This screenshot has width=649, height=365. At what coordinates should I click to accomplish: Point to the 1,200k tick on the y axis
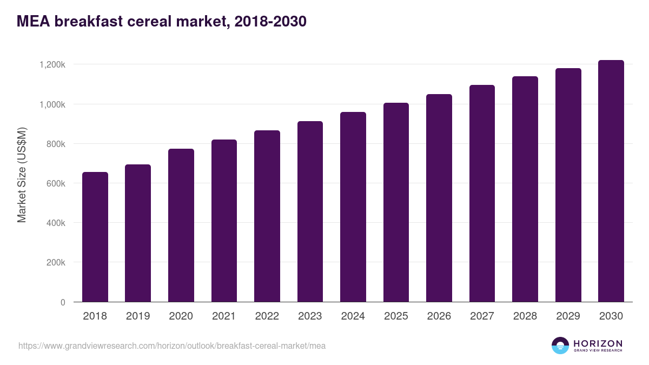(x=52, y=64)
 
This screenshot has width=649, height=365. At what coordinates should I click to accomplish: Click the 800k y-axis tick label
(x=55, y=144)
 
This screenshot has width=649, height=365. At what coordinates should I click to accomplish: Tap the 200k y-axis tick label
(x=55, y=263)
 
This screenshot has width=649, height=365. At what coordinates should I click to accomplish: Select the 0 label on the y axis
(x=63, y=302)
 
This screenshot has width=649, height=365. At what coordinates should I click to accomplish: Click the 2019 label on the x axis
(x=138, y=316)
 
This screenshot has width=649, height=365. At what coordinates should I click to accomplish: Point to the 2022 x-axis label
(x=267, y=316)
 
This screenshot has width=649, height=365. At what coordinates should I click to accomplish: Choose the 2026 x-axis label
(x=439, y=316)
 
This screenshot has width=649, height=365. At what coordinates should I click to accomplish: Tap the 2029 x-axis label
(x=568, y=316)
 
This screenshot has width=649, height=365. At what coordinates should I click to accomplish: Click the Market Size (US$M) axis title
(x=22, y=175)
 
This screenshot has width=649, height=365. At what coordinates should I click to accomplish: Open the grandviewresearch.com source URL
(x=172, y=346)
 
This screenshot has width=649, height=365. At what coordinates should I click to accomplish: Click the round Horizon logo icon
(x=560, y=346)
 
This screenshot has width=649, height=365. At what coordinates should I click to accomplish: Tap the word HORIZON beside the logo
(x=598, y=343)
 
